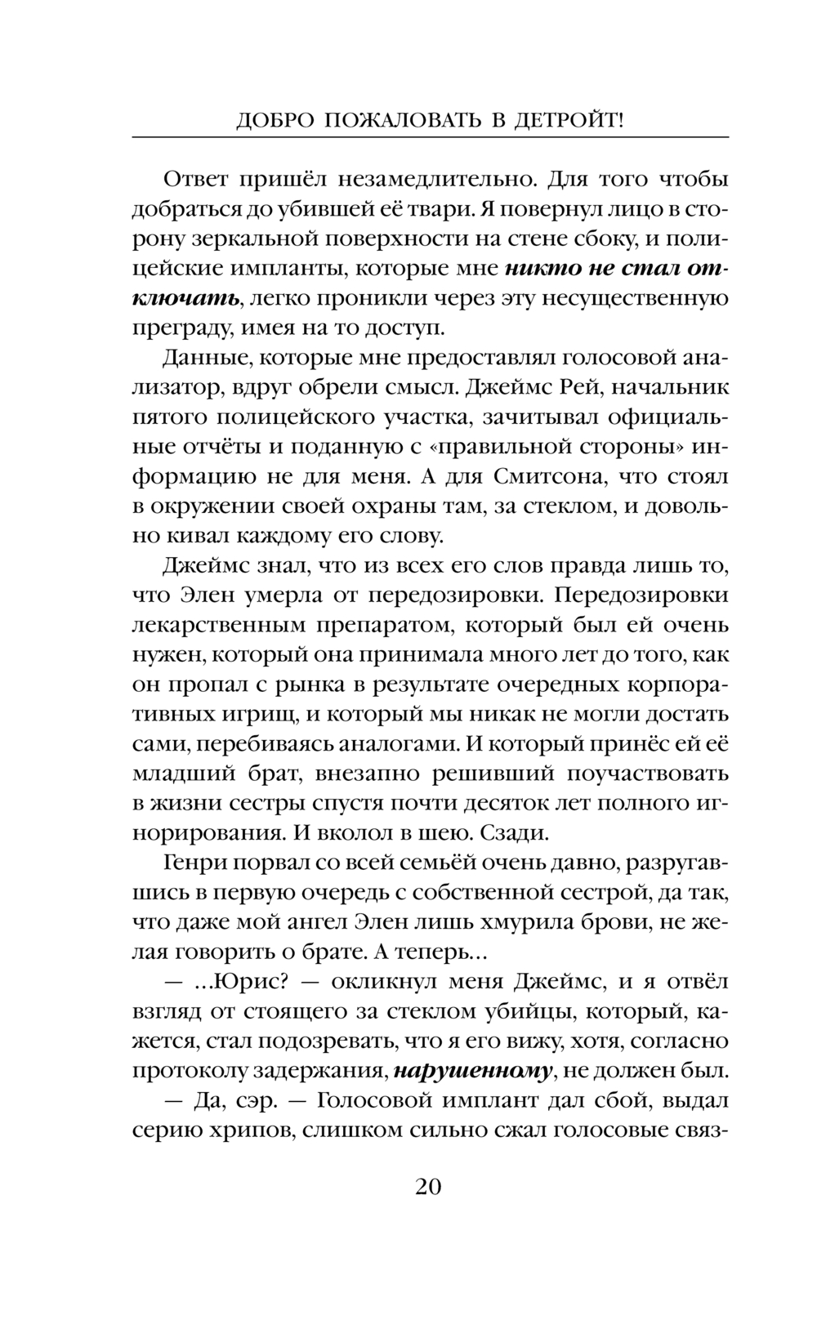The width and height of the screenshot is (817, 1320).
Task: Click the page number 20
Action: [428, 1186]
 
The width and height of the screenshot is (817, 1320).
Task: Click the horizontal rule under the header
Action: [430, 136]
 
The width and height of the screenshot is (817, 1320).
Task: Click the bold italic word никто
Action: [543, 267]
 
